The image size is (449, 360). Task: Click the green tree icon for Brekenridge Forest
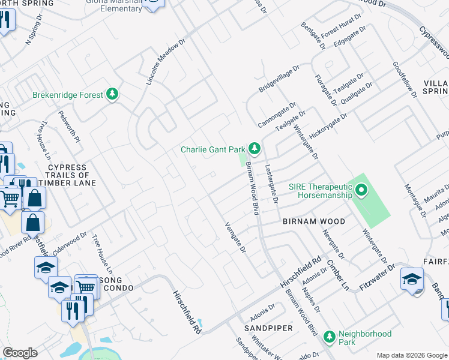(112, 94)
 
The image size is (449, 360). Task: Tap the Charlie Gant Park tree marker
(255, 148)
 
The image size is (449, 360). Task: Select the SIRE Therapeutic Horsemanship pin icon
(361, 191)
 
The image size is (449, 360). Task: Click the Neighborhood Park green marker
(329, 337)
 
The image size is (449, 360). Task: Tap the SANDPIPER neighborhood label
(268, 329)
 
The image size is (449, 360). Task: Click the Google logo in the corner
(20, 353)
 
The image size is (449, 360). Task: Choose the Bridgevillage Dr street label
(279, 79)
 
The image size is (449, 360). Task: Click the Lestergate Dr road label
(271, 184)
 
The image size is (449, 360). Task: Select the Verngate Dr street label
(235, 238)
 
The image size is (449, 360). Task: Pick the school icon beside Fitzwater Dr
(412, 279)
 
